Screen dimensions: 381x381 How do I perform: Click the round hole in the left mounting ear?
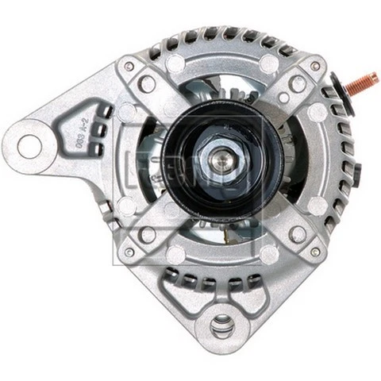[29, 144]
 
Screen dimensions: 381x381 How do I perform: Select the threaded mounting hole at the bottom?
[224, 324]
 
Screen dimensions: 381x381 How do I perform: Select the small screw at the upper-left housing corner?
[129, 67]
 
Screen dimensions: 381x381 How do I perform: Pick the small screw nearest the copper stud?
[316, 66]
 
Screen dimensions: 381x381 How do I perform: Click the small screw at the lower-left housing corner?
[129, 252]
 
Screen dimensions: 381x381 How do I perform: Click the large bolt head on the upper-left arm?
[148, 83]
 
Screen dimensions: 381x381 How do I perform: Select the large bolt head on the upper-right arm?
[298, 83]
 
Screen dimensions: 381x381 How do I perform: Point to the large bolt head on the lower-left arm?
[148, 235]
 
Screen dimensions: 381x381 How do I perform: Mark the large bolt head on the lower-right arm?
[298, 235]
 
